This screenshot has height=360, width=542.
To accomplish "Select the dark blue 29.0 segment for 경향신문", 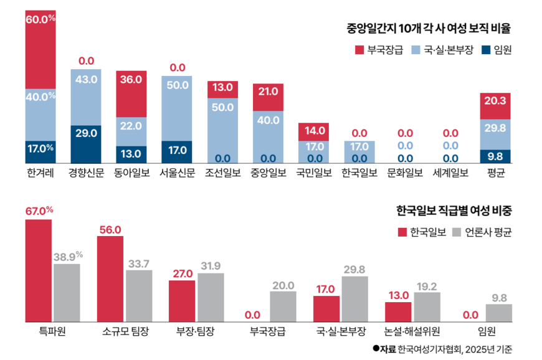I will tap(86, 144).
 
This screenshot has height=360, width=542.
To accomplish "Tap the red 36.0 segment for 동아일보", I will tap(131, 93).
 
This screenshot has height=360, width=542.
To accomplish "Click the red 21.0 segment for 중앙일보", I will tap(269, 97).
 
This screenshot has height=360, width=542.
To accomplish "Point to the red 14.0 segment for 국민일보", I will tap(314, 131).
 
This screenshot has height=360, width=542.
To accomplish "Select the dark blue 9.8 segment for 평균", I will tap(495, 156).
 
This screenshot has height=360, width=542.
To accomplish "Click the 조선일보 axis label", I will tap(223, 173).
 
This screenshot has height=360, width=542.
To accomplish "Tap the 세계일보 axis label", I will tap(450, 173).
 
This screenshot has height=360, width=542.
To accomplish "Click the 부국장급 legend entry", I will tap(379, 50).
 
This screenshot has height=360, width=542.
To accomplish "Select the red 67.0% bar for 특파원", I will tap(39, 270).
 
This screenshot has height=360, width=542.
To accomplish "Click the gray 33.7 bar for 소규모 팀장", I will tap(139, 296).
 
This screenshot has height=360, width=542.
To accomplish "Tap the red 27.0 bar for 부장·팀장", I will tap(182, 301).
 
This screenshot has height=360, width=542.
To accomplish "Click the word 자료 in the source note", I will tap(387, 349).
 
